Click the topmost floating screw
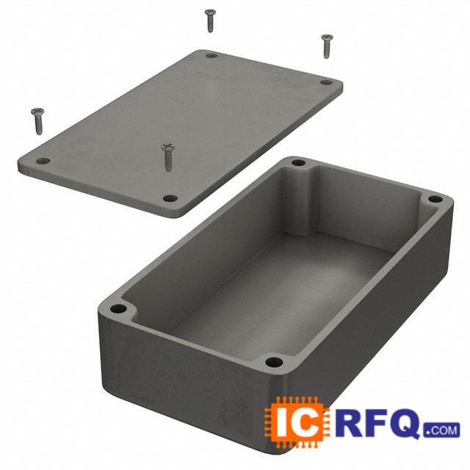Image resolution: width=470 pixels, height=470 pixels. point(210,20)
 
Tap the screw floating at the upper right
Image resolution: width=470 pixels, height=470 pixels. point(327,46)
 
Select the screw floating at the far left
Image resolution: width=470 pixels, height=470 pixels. point(37,121)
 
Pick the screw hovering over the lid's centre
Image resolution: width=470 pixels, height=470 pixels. point(167,156)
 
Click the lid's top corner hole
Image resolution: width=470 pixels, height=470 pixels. point(211,56)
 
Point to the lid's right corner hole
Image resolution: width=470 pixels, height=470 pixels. point(326,82)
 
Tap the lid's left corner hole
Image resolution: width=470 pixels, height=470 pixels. point(43,162)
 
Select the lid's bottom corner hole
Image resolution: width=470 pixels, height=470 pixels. point(170,198)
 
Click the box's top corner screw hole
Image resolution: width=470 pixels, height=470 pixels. point(299,163)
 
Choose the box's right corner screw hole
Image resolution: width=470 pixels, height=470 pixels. point(435,198)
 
